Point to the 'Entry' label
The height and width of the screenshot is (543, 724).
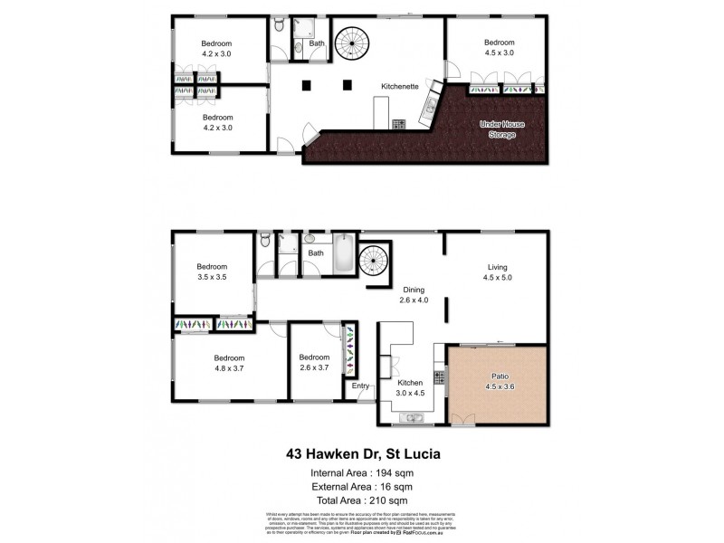tap(361, 386)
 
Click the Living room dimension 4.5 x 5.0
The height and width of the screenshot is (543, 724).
tap(499, 278)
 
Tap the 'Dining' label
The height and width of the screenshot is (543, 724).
tap(413, 288)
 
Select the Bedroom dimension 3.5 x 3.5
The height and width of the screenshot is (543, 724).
tap(211, 278)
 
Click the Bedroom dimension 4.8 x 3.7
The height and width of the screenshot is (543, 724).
tap(229, 368)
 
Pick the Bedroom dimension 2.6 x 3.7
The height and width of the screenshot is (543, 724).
tap(314, 368)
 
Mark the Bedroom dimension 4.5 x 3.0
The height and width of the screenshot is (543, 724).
tap(499, 53)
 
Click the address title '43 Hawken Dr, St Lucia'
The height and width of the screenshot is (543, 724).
tap(361, 453)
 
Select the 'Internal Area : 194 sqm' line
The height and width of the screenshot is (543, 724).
tap(361, 472)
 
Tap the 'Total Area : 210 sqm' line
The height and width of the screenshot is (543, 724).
tap(361, 499)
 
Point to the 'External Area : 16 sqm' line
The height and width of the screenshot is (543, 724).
tap(361, 486)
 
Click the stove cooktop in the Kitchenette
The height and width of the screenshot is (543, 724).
tap(398, 123)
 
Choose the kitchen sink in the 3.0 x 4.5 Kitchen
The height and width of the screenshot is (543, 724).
tap(413, 417)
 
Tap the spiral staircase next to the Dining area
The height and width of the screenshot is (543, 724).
tap(374, 263)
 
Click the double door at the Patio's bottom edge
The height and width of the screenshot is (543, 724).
tap(463, 419)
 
